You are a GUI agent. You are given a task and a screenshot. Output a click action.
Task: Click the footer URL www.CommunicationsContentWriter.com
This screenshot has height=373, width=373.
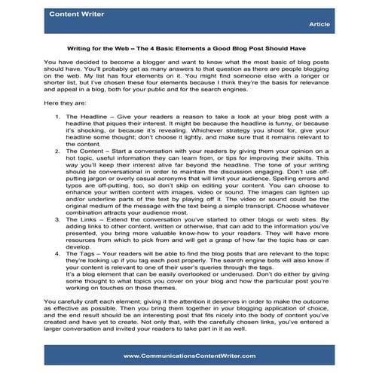pos(186,356)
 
